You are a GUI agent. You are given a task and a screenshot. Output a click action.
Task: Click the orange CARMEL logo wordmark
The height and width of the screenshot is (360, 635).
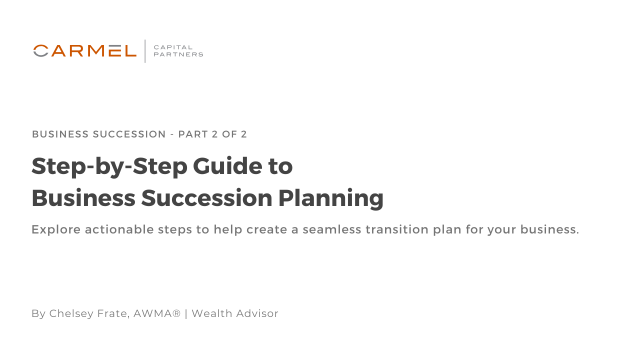[x=85, y=50]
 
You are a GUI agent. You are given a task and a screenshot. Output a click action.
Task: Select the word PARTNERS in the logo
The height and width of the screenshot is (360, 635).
[x=178, y=54]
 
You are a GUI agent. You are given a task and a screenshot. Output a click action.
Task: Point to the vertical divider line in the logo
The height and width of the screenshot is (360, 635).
[x=145, y=51]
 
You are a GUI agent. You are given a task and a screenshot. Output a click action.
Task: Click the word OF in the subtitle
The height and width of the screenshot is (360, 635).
[x=228, y=134]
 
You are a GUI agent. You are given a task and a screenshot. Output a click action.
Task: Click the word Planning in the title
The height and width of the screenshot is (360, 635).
[x=328, y=198]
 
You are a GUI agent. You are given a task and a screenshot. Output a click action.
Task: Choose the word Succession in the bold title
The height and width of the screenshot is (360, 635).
[x=204, y=198]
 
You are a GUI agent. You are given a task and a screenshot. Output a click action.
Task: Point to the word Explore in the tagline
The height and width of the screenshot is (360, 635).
[x=55, y=230]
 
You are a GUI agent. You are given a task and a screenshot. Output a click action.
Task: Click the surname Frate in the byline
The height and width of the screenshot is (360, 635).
[x=113, y=313]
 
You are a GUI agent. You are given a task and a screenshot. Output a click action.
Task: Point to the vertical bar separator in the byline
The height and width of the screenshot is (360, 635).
[x=186, y=313]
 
